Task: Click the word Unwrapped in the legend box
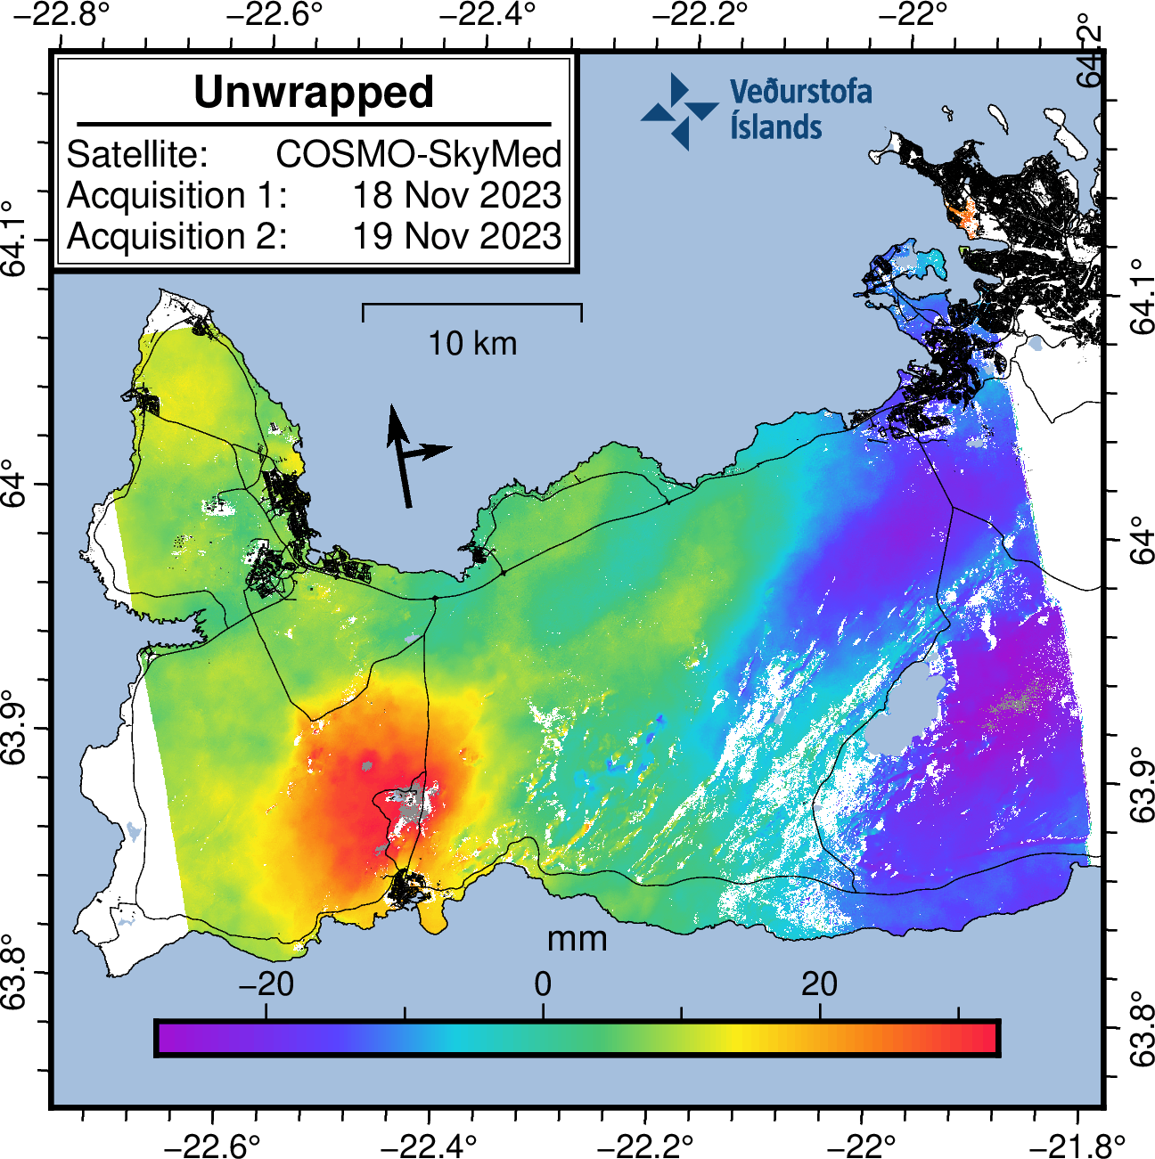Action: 314,93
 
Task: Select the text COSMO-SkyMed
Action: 419,154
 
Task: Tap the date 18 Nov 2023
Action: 457,195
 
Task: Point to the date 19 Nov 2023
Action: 457,236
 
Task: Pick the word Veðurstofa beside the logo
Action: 800,92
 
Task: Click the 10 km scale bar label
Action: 472,343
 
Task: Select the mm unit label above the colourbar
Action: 577,938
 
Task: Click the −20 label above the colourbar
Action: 266,984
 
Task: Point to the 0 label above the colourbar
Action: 543,984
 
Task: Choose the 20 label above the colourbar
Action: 819,984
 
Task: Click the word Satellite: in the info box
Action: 137,154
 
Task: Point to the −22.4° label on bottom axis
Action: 430,1144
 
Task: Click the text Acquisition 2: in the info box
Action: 177,236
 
